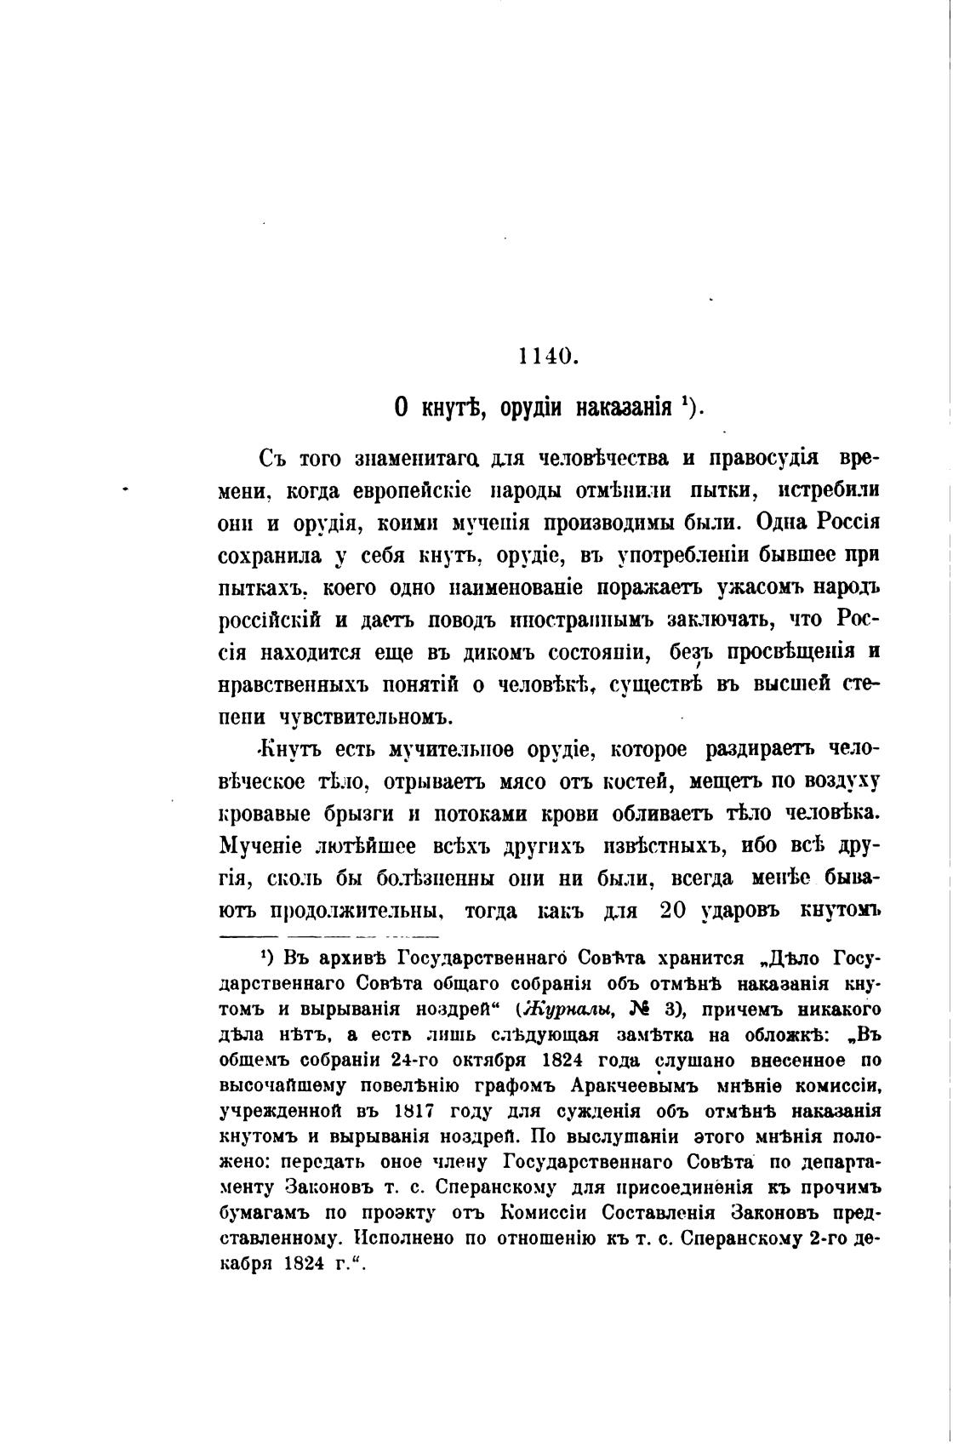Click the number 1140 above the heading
coord(547,357)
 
